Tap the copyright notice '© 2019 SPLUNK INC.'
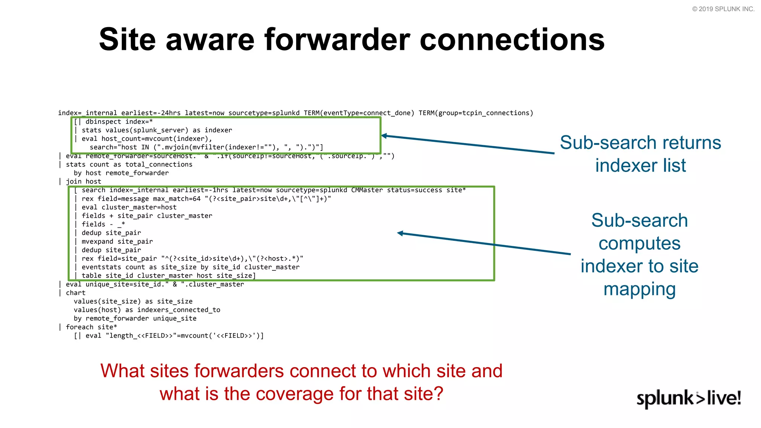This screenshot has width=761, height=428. pyautogui.click(x=723, y=9)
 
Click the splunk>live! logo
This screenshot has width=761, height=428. pyautogui.click(x=689, y=399)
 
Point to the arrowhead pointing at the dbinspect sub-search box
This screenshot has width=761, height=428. pyautogui.click(x=384, y=136)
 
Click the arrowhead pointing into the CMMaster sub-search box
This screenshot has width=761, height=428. pyautogui.click(x=400, y=233)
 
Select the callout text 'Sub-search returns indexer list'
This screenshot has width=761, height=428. pyautogui.click(x=640, y=154)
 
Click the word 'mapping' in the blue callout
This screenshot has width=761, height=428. pyautogui.click(x=639, y=289)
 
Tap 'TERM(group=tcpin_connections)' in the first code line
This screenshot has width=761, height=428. pyautogui.click(x=476, y=113)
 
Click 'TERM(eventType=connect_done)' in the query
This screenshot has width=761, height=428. pyautogui.click(x=359, y=113)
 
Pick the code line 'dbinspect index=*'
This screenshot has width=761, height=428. pyautogui.click(x=119, y=122)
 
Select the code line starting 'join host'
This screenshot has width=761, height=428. pyautogui.click(x=83, y=182)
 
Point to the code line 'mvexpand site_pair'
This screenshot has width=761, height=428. pyautogui.click(x=117, y=241)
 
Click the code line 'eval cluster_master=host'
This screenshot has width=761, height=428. pyautogui.click(x=129, y=207)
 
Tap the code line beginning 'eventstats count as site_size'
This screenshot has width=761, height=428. pyautogui.click(x=190, y=267)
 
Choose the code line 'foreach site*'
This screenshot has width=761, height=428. pyautogui.click(x=91, y=327)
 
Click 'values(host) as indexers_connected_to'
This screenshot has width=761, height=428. pyautogui.click(x=147, y=310)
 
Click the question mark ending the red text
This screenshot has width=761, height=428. pyautogui.click(x=439, y=394)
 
